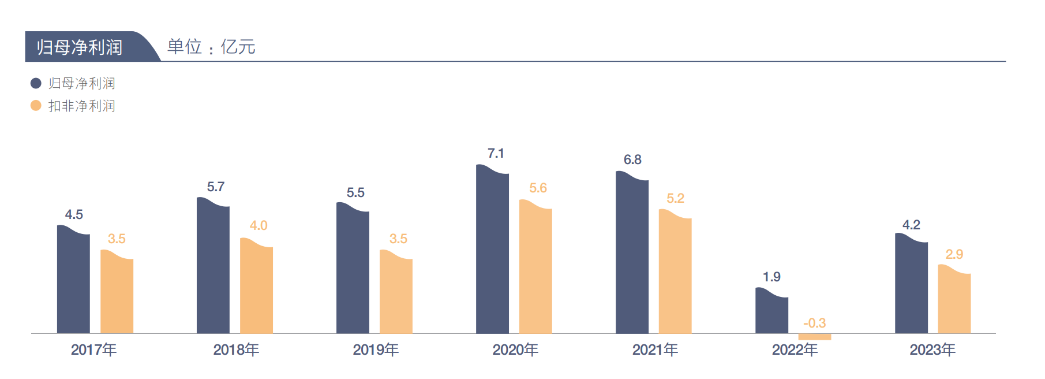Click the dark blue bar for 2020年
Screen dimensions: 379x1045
click(x=492, y=251)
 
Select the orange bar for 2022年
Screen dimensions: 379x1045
click(x=814, y=336)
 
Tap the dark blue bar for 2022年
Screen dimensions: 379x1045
click(x=771, y=312)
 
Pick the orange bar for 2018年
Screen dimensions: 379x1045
click(x=256, y=287)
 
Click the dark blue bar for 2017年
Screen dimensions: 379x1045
click(x=73, y=280)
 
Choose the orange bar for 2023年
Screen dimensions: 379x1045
click(x=954, y=300)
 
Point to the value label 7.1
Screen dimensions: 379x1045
click(x=496, y=153)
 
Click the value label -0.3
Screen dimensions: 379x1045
click(x=814, y=323)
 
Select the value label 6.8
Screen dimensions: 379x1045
click(x=632, y=159)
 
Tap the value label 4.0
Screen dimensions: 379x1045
click(x=258, y=225)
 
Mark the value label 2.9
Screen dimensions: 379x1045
click(x=954, y=254)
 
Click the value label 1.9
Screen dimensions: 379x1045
click(x=771, y=277)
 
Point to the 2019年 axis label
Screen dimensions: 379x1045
click(x=376, y=350)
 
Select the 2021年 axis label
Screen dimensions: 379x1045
click(x=655, y=350)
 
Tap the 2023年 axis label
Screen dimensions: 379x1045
click(x=932, y=350)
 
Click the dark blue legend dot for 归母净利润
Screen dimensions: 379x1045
click(x=36, y=83)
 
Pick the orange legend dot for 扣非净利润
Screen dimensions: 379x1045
click(x=36, y=106)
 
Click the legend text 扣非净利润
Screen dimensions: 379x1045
click(x=82, y=106)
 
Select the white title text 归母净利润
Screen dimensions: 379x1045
click(x=80, y=47)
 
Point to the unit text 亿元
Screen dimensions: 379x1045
click(x=238, y=47)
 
